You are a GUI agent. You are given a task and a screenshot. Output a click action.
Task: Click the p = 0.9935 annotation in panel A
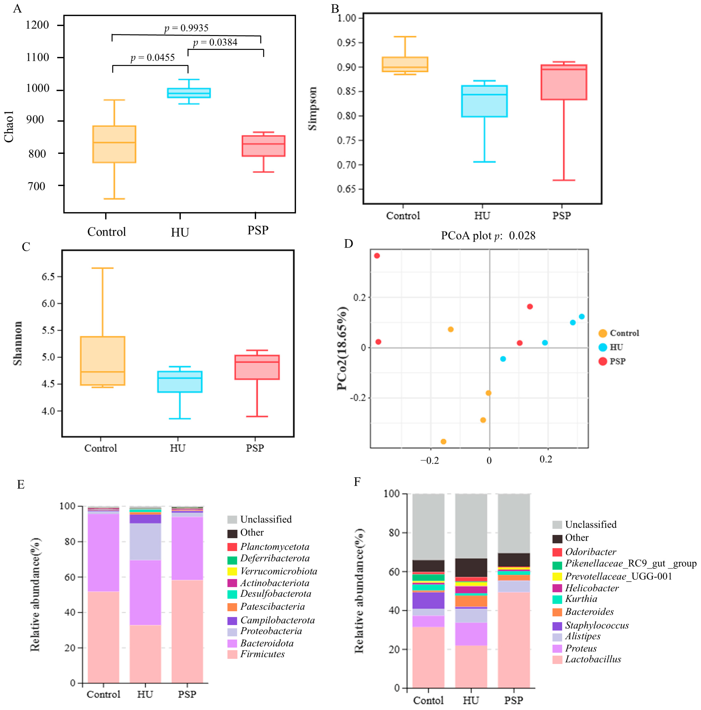point(186,28)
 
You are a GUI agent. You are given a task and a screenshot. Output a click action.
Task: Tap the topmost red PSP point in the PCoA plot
point(377,256)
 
